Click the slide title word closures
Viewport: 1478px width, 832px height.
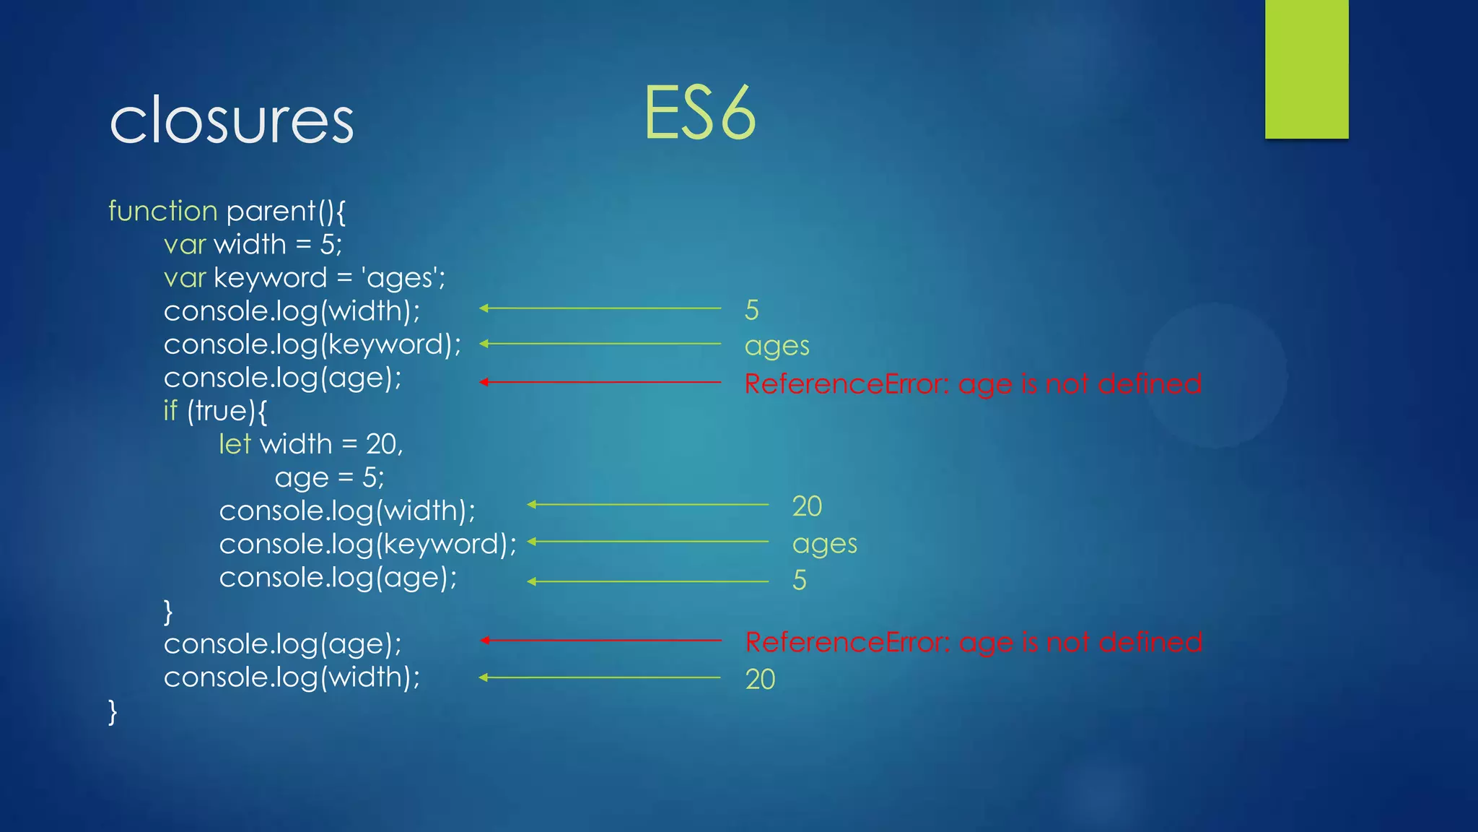pos(231,121)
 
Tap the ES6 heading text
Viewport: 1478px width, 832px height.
pos(699,113)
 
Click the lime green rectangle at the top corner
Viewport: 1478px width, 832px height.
pos(1306,69)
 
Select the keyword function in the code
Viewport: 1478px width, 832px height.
pos(162,211)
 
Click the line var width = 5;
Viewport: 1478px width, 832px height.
pos(253,245)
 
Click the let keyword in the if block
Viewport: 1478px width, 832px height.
pos(235,444)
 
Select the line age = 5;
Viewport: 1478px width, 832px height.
pos(329,477)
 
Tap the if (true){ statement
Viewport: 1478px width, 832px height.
pos(215,411)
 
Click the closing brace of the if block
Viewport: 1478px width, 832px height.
pos(168,612)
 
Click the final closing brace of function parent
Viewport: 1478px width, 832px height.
pos(113,711)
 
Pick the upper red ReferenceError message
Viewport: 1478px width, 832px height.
pos(973,383)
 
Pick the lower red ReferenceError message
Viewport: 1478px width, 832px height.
pos(973,642)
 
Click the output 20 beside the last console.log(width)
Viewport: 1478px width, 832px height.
pos(760,680)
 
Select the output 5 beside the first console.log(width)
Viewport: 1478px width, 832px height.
pos(751,311)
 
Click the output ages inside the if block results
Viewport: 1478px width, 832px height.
pos(824,544)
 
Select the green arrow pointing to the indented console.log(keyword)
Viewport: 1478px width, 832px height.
pos(647,542)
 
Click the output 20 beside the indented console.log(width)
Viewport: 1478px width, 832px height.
pos(807,506)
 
